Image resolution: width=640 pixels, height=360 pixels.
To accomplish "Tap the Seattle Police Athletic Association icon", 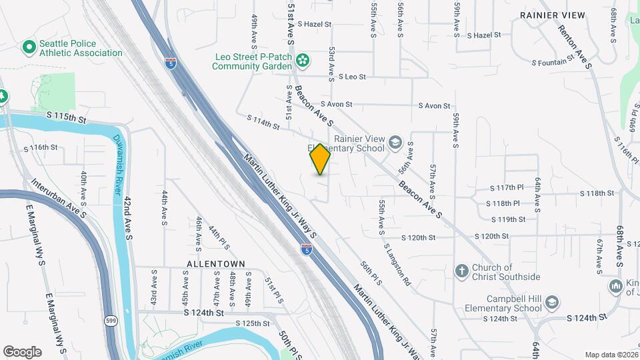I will [29, 47].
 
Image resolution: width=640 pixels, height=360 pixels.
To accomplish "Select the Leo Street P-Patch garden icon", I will [303, 61].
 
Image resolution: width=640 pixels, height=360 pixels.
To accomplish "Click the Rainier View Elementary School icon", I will [395, 143].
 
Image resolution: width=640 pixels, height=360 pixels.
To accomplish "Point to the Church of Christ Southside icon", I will [461, 271].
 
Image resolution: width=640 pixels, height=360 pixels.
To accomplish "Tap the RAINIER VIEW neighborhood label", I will [552, 15].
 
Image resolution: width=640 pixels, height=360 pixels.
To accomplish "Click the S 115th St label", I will [67, 117].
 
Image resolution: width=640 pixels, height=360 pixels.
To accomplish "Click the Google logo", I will [22, 352].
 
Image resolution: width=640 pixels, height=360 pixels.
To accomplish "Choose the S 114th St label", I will [263, 122].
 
